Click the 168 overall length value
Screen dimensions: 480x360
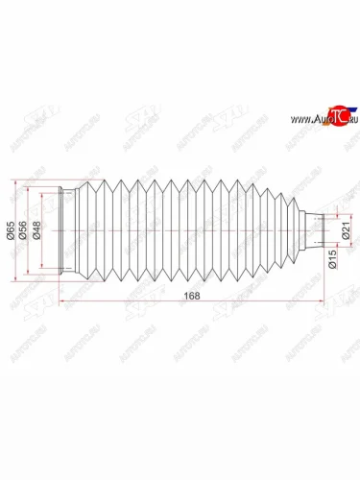pos(194,296)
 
